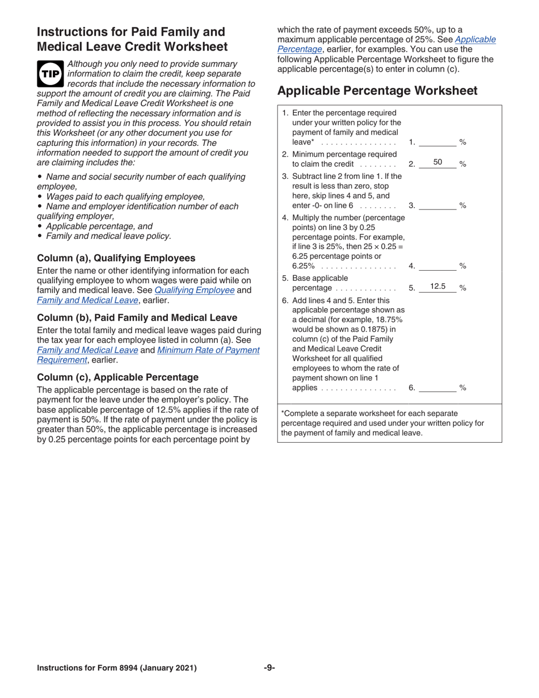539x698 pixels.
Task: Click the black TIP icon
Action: pos(50,74)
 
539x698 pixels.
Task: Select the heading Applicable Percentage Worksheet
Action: pos(377,91)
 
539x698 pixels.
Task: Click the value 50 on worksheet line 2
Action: pos(437,163)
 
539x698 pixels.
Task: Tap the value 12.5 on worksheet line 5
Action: pos(437,287)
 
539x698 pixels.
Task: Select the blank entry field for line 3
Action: pos(437,205)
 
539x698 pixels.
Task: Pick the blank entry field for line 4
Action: pos(437,266)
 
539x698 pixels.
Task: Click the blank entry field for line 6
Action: pos(437,388)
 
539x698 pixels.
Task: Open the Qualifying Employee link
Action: pos(195,290)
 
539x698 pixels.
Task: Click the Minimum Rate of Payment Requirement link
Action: pos(208,350)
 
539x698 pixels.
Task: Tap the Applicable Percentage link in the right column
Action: pos(475,40)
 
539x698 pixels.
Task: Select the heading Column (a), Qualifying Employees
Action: pos(116,258)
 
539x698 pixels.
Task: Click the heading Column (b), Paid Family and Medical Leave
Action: pos(137,317)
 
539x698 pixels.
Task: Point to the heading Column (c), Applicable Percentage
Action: pos(117,377)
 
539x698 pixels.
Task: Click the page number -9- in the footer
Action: pos(269,668)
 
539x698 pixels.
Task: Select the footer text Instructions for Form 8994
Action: pos(116,668)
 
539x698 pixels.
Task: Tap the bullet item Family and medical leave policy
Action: pos(108,236)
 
